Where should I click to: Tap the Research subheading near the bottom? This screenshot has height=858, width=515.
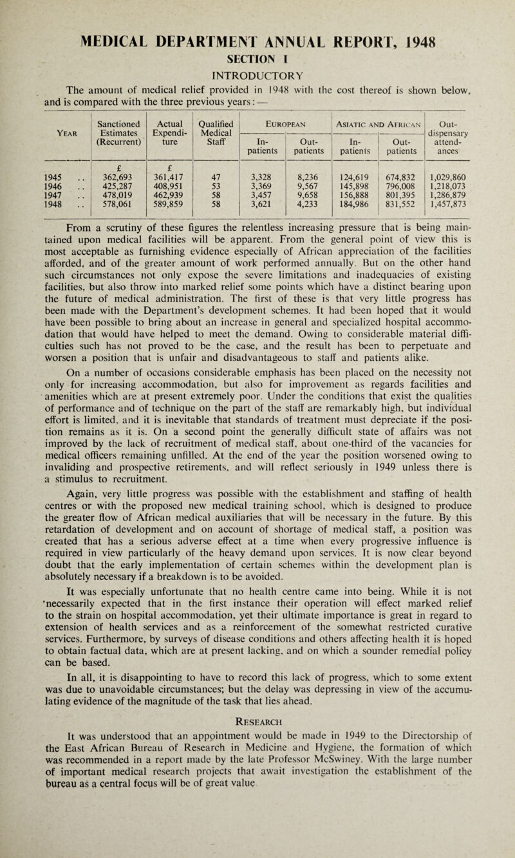257,757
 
